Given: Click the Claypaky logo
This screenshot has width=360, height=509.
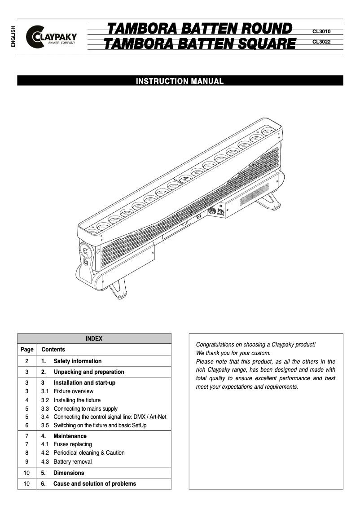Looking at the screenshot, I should pos(51,37).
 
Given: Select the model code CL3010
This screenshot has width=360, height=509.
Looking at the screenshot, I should pos(321,32).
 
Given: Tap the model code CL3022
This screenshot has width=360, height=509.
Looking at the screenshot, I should pos(321,42).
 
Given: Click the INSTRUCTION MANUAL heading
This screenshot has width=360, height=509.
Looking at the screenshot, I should pos(180,81).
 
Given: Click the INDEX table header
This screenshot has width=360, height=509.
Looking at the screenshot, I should pos(94,339).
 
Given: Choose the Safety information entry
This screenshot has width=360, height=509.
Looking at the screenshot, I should pos(77,361).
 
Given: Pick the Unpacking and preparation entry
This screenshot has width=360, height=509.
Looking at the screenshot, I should pos(88,372).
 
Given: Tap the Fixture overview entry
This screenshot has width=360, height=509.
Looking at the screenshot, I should pos(73,391).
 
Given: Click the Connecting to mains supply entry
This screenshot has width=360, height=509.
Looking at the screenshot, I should pos(85,408).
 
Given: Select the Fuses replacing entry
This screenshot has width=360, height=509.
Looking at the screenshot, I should pos(72,444).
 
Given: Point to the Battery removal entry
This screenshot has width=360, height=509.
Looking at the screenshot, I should pos(72,461).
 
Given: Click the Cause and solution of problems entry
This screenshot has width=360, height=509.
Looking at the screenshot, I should pos(94,483).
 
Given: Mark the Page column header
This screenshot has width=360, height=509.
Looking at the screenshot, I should pos(27,349).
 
